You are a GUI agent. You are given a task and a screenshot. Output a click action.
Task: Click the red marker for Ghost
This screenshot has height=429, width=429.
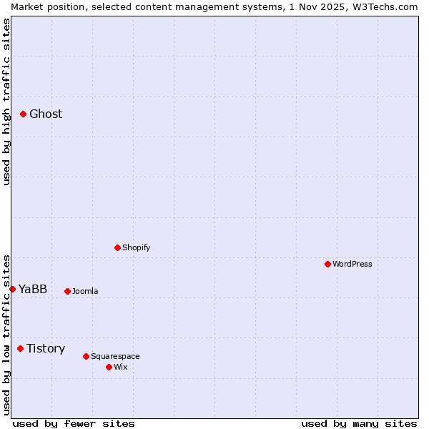[x=23, y=114]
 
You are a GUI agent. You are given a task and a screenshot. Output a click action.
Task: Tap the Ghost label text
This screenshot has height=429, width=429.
[x=46, y=114]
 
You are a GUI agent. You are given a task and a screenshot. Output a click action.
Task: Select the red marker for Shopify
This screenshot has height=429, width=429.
[x=117, y=247]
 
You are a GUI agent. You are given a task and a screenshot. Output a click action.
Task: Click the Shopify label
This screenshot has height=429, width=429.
[x=136, y=248]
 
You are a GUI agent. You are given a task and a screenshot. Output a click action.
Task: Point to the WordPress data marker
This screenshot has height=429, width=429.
[x=327, y=264]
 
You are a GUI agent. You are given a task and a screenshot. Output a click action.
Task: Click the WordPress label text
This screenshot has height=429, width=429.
[x=352, y=265]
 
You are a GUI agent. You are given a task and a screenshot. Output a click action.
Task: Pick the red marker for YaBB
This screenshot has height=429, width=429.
[x=12, y=289]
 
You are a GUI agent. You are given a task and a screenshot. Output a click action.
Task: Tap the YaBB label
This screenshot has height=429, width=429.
[x=33, y=290]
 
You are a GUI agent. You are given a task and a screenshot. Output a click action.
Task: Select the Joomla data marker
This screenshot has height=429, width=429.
[x=67, y=291]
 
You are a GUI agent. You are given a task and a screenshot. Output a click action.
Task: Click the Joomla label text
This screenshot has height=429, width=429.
[x=85, y=292]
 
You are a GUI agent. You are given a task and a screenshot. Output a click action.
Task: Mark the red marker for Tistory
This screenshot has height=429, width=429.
[x=20, y=348]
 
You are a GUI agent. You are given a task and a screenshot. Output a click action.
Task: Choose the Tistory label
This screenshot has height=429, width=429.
[x=46, y=349]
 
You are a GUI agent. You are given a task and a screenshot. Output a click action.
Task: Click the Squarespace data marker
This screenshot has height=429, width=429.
[x=86, y=356]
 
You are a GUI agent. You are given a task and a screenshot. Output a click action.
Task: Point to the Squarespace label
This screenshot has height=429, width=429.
[x=115, y=357]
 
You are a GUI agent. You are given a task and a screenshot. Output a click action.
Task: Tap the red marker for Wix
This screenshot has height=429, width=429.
[x=109, y=367]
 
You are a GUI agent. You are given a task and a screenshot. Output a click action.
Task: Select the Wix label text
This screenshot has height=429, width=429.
[x=120, y=368]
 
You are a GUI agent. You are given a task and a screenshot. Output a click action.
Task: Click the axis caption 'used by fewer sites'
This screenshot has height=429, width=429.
[x=74, y=423]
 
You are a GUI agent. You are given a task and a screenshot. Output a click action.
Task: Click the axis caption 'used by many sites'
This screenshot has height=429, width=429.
[x=359, y=423]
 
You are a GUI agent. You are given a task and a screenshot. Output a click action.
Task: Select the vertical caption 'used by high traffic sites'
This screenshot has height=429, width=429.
[x=6, y=102]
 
